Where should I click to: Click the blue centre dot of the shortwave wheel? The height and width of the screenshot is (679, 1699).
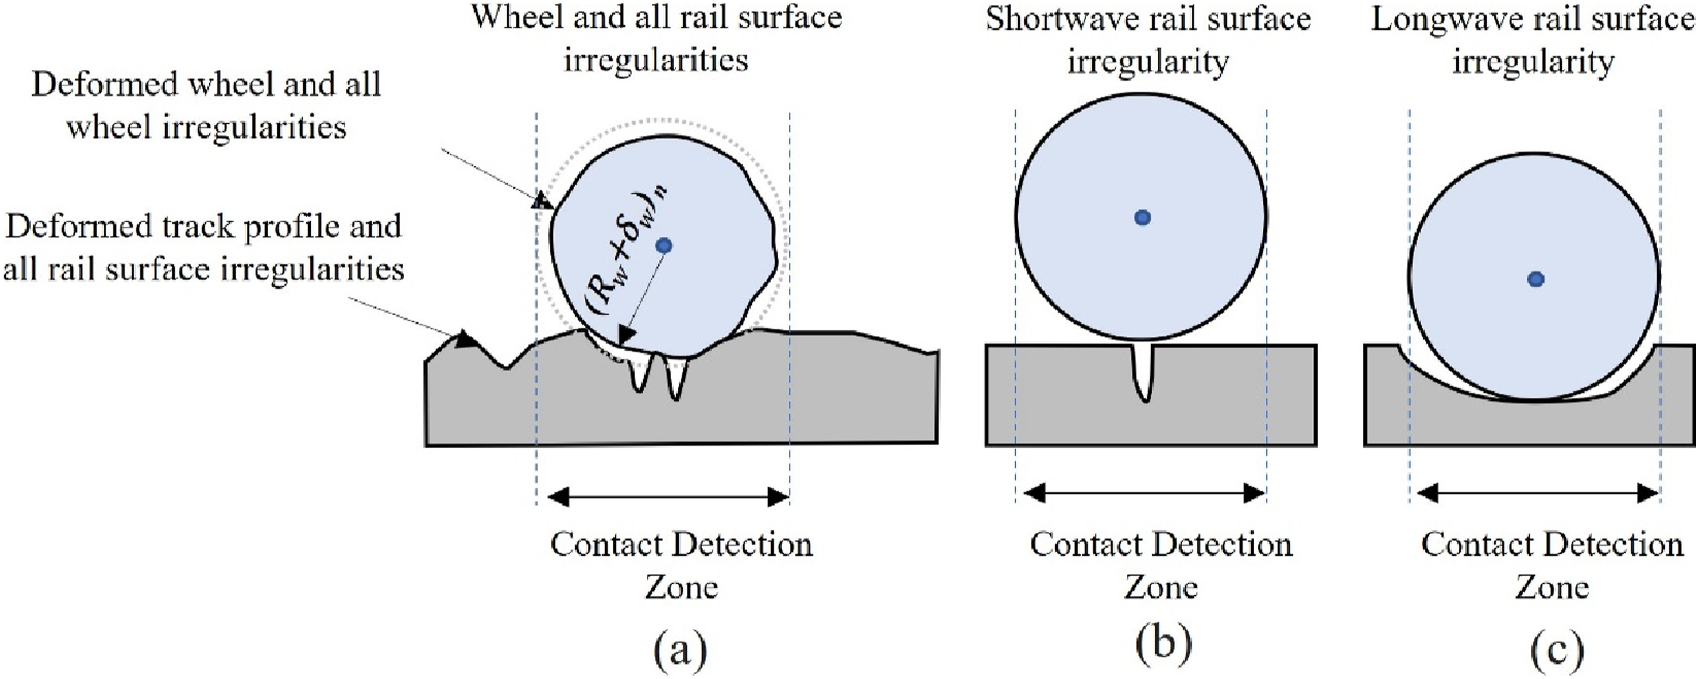[x=1143, y=217]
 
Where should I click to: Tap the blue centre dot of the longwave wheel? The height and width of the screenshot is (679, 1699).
[x=1536, y=279]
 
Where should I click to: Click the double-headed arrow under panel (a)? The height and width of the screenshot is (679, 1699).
[x=668, y=496]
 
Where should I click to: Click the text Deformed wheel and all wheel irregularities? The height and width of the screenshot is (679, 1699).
[x=206, y=106]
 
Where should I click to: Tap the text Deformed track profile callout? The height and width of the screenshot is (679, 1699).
[x=203, y=248]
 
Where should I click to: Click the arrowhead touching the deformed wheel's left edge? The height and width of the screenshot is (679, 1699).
[x=544, y=199]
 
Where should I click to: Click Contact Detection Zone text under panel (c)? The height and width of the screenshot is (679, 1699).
[x=1552, y=565]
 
